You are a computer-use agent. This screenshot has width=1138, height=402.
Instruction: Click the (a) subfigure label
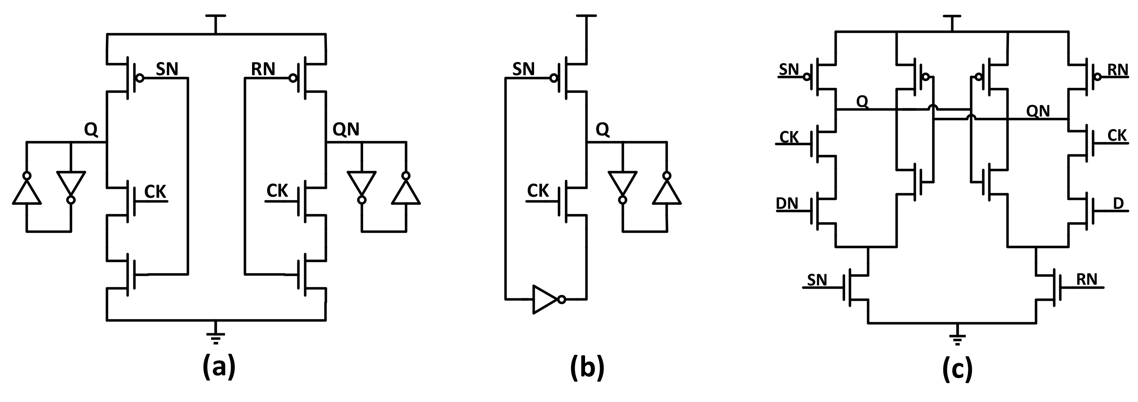(x=219, y=367)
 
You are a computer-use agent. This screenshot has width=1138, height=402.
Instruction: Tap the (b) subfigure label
(x=587, y=367)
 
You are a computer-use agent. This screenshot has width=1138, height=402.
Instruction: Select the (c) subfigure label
(x=957, y=367)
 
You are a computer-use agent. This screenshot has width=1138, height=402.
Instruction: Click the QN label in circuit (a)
(x=346, y=129)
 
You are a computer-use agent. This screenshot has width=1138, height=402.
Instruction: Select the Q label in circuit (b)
(x=603, y=129)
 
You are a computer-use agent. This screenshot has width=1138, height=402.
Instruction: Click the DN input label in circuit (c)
(x=787, y=203)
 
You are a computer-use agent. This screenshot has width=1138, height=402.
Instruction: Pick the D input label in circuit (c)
(x=1118, y=203)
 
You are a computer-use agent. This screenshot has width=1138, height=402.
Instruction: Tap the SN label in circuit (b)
(x=523, y=69)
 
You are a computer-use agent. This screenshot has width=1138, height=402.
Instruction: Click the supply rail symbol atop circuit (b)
(x=586, y=17)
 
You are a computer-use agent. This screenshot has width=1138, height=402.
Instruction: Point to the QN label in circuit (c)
(x=1038, y=111)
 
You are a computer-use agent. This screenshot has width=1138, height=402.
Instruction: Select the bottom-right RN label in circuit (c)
(x=1087, y=279)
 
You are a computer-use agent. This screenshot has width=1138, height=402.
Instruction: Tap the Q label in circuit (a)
(x=91, y=129)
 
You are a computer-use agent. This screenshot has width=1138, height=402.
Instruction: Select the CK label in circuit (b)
(x=538, y=191)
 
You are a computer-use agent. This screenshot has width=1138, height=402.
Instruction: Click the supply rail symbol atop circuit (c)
(x=952, y=17)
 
